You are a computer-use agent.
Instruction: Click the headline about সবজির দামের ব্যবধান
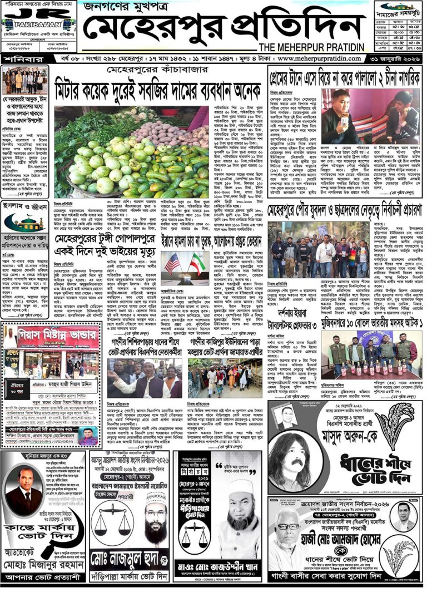(158, 88)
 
